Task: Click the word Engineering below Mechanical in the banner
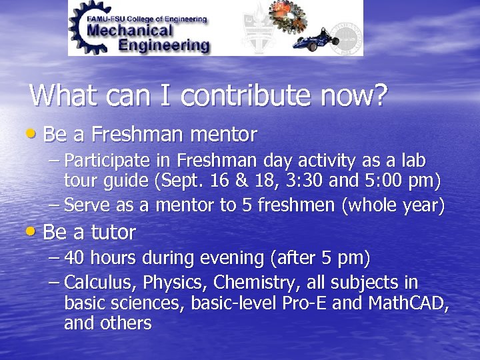(x=164, y=45)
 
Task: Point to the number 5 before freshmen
(x=245, y=206)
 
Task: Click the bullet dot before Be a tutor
(x=35, y=233)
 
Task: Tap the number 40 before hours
(x=75, y=258)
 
